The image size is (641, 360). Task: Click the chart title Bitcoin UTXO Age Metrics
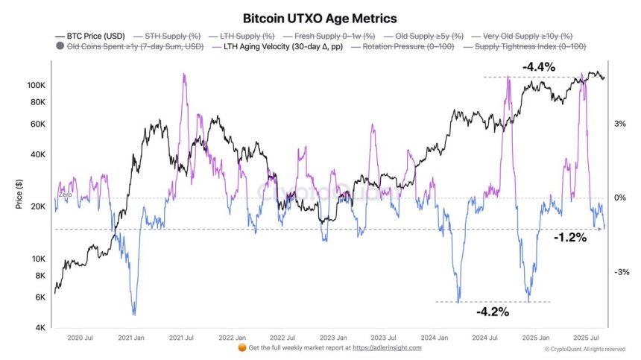click(x=320, y=16)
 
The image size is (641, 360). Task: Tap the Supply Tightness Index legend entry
click(x=521, y=46)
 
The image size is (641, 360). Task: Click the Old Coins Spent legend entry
click(x=131, y=46)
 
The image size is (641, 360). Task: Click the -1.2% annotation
click(x=570, y=238)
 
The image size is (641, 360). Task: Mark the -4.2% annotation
click(x=492, y=312)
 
